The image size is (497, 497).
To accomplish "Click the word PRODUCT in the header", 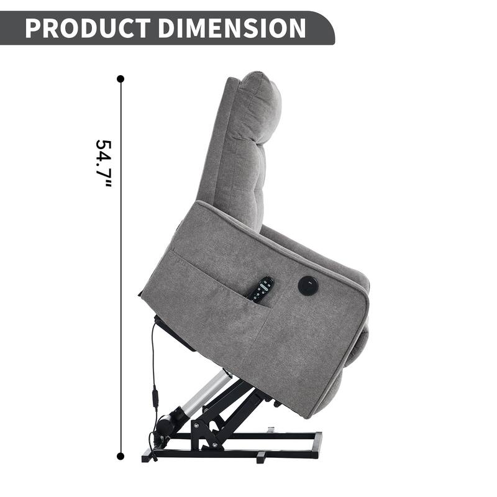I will pyautogui.click(x=87, y=29).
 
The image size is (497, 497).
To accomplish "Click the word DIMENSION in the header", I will pyautogui.click(x=230, y=29).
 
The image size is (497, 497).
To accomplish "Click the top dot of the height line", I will pyautogui.click(x=121, y=79).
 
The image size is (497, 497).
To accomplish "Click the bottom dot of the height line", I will pyautogui.click(x=121, y=456).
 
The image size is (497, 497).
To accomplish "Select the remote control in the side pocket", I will pyautogui.click(x=262, y=290).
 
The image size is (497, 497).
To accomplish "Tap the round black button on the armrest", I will pyautogui.click(x=308, y=286).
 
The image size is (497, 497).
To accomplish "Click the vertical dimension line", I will pyautogui.click(x=121, y=280).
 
